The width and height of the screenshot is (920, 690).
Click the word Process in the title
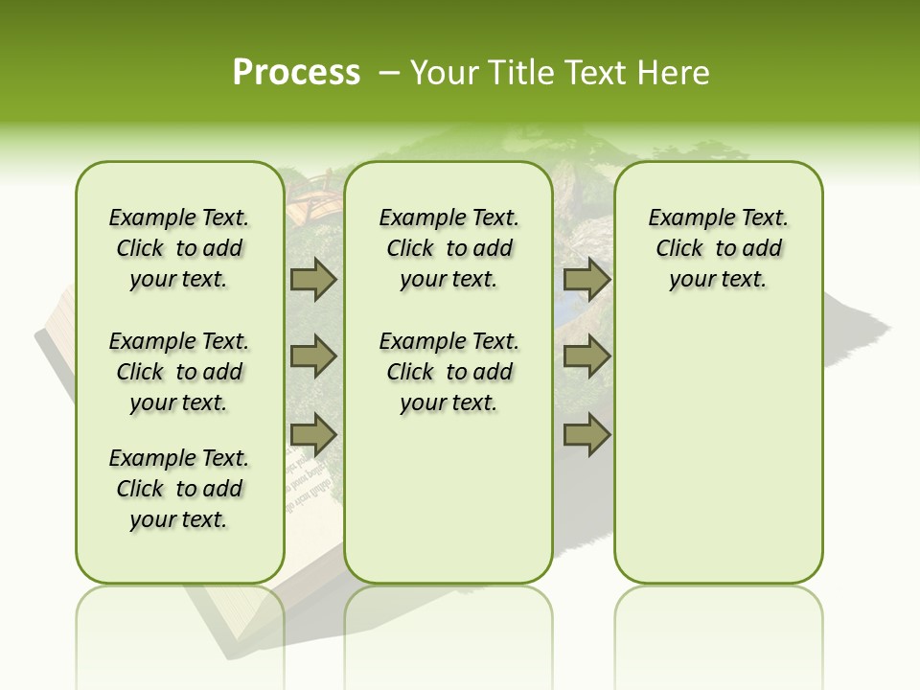click(x=296, y=72)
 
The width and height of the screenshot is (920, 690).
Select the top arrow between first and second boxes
click(x=313, y=280)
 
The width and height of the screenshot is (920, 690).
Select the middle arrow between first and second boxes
click(x=313, y=356)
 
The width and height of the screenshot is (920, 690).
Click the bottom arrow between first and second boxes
click(x=313, y=435)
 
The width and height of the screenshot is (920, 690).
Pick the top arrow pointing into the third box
click(x=586, y=280)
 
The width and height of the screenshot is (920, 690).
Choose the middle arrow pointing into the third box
click(x=586, y=356)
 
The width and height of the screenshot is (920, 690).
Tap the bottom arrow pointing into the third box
click(x=586, y=435)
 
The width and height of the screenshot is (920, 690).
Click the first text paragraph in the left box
click(x=179, y=248)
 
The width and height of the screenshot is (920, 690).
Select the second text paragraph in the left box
click(x=179, y=372)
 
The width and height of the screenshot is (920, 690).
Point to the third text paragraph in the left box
click(x=179, y=489)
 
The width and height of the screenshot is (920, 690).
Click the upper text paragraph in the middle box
click(x=448, y=248)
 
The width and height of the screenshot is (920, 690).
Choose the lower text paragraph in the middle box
click(x=448, y=372)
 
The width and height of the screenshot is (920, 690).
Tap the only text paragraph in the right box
click(x=718, y=248)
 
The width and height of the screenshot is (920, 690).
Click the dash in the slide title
click(x=388, y=72)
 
